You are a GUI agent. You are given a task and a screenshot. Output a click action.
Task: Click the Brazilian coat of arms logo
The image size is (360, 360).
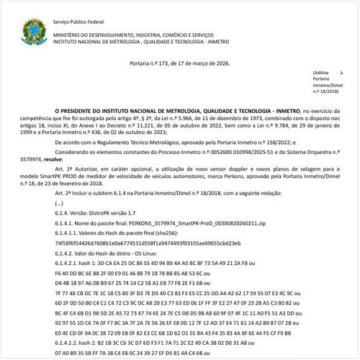point(33,30)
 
